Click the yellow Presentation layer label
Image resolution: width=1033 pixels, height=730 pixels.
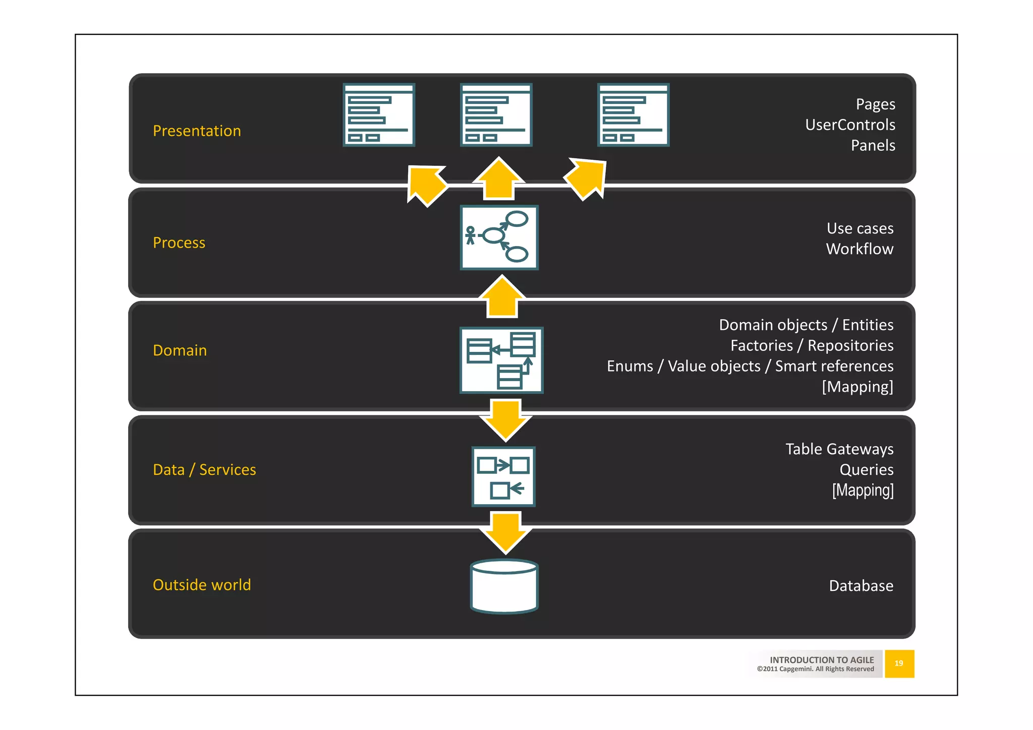pyautogui.click(x=197, y=131)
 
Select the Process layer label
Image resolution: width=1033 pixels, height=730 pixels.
pyautogui.click(x=179, y=243)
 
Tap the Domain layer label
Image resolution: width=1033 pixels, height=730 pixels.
pyautogui.click(x=180, y=350)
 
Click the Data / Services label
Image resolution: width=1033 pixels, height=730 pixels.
pyautogui.click(x=204, y=470)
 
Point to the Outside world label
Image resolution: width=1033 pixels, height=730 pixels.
pyautogui.click(x=202, y=585)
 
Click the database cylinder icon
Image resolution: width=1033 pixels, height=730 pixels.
pyautogui.click(x=504, y=586)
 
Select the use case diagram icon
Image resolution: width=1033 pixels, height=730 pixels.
pyautogui.click(x=499, y=237)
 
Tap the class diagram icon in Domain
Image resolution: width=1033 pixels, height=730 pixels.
pyautogui.click(x=501, y=360)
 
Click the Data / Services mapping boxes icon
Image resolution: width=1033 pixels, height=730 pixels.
pyautogui.click(x=503, y=476)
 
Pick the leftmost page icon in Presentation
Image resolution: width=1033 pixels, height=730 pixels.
pyautogui.click(x=379, y=115)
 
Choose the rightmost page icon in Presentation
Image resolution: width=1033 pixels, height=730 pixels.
pyautogui.click(x=633, y=115)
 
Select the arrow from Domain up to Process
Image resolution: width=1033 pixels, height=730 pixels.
pyautogui.click(x=502, y=297)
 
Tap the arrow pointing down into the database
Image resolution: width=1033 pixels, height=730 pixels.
pyautogui.click(x=505, y=532)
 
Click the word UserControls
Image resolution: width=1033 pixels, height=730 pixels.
pyautogui.click(x=850, y=125)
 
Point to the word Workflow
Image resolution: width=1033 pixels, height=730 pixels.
pyautogui.click(x=859, y=249)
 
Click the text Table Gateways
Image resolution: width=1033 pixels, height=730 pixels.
pyautogui.click(x=839, y=449)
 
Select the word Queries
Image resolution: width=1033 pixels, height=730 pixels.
pyautogui.click(x=866, y=470)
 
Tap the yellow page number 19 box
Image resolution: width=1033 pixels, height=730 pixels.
pyautogui.click(x=899, y=663)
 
